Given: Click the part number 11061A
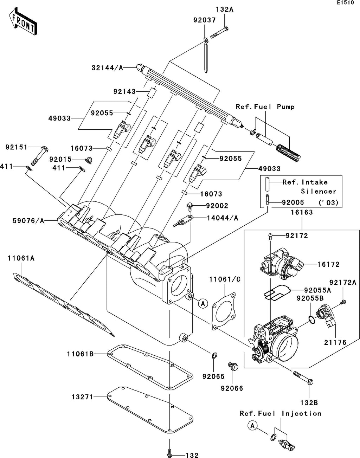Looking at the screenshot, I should coord(21,258).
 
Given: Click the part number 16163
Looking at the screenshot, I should coord(302,212).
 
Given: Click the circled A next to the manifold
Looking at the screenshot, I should coord(203,303).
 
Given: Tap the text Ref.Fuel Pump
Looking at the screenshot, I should coord(265,107).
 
